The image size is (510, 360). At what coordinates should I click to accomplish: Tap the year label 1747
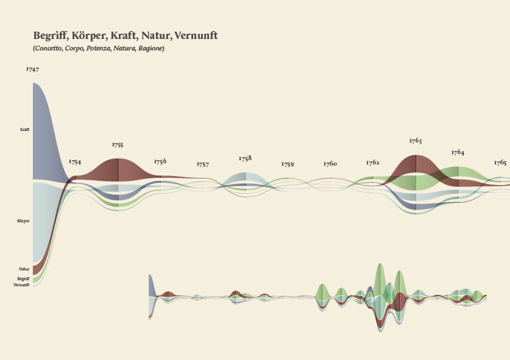(x=32, y=69)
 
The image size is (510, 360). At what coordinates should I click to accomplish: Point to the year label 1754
(x=75, y=162)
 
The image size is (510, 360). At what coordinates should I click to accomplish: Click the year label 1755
(x=118, y=145)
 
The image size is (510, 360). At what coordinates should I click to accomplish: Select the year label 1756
(x=160, y=161)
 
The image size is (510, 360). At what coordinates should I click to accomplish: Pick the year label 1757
(x=203, y=164)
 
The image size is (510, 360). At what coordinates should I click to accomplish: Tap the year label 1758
(x=245, y=158)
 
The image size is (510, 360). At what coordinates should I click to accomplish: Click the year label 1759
(x=288, y=164)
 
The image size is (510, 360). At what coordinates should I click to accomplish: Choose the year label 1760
(x=330, y=164)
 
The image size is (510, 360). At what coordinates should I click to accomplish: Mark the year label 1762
(x=373, y=163)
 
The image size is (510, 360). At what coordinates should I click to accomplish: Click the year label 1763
(x=416, y=141)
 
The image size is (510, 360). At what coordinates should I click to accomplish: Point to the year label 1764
(x=458, y=152)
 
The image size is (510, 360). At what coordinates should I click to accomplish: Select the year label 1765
(x=500, y=163)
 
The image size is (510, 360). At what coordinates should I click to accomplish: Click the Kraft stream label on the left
(x=25, y=130)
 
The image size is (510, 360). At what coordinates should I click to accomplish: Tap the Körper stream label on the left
(x=23, y=221)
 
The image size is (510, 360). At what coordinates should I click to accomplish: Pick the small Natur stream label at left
(x=24, y=269)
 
